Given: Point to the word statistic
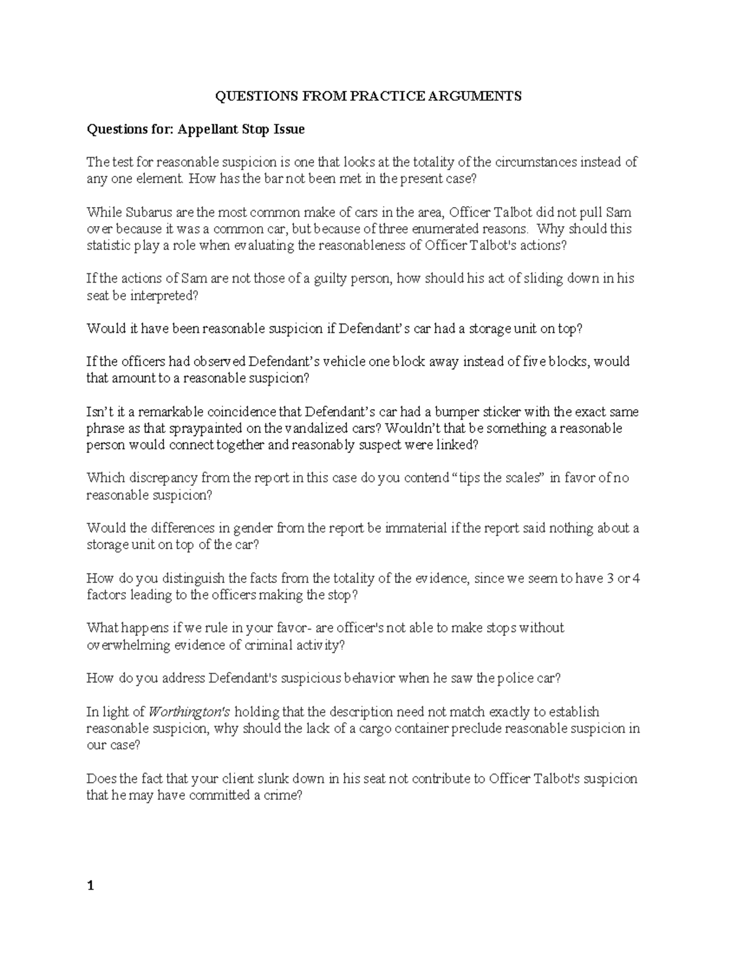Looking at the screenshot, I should click(109, 245).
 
